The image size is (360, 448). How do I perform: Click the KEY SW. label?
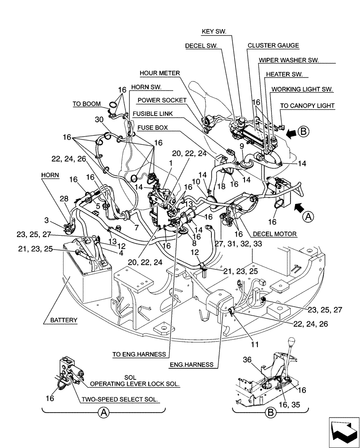pyautogui.click(x=214, y=31)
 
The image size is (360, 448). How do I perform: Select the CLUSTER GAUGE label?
pyautogui.click(x=273, y=46)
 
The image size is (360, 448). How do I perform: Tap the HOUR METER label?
pyautogui.click(x=159, y=73)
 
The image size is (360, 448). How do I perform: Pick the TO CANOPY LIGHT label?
pyautogui.click(x=307, y=106)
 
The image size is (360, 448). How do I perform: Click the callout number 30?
pyautogui.click(x=100, y=120)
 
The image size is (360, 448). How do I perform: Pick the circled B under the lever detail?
pyautogui.click(x=270, y=413)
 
